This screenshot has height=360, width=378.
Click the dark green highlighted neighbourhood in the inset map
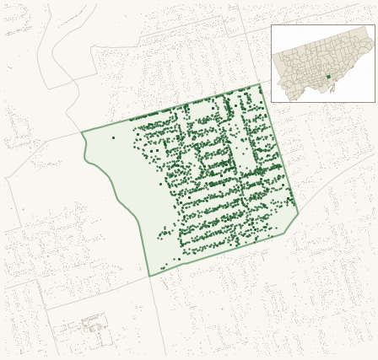pyautogui.click(x=327, y=78)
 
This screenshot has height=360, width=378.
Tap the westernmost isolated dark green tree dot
pyautogui.click(x=113, y=137)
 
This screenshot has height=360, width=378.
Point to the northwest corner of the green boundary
pyautogui.click(x=81, y=133)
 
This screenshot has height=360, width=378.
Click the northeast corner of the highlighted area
pyautogui.click(x=261, y=84)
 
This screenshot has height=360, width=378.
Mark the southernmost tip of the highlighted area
pyautogui.click(x=149, y=277)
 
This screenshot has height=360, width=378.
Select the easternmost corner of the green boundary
pyautogui.click(x=299, y=212)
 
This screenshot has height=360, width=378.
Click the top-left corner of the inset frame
pyautogui.click(x=271, y=24)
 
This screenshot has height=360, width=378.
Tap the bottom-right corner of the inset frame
pyautogui.click(x=375, y=102)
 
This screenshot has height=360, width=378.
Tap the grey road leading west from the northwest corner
pyautogui.click(x=42, y=156)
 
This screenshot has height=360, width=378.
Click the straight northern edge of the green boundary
pyautogui.click(x=169, y=109)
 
